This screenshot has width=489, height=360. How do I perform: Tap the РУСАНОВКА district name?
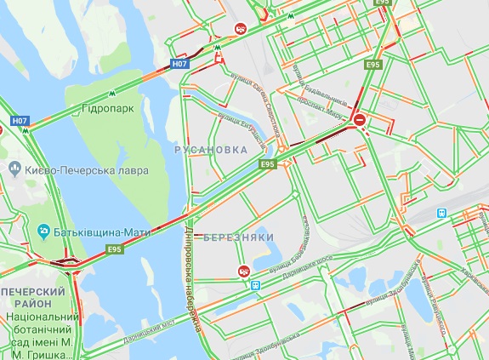click(x=211, y=149)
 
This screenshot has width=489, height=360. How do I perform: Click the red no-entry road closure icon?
click(x=361, y=120)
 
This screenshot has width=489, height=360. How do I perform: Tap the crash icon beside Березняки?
click(x=244, y=271)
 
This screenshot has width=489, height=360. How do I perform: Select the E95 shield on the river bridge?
click(x=116, y=249)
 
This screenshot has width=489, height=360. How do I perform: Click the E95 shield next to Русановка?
click(x=269, y=163)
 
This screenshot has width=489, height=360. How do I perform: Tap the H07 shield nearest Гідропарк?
click(x=179, y=63)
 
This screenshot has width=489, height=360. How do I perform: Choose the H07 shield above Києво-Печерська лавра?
click(x=21, y=121)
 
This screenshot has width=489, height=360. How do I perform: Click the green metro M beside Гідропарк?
click(x=112, y=94)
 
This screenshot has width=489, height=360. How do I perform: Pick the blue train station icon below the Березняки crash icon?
click(x=256, y=285)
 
